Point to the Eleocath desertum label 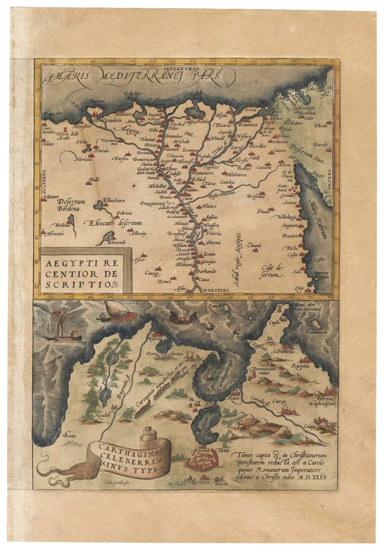coord(112,222)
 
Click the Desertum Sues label coord(311,149)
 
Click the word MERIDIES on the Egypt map coord(217,289)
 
